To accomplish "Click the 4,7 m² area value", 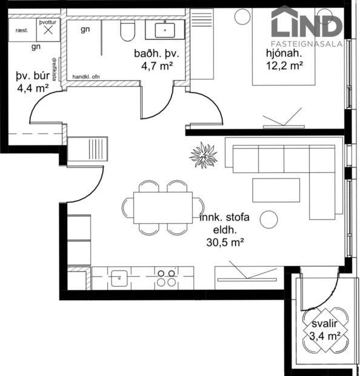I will (x=154, y=67).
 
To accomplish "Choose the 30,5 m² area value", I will (x=225, y=242).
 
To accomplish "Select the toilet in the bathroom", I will (x=128, y=30).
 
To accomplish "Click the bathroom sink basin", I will (x=164, y=28).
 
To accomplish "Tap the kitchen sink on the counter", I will (x=119, y=278).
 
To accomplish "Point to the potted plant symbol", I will (x=203, y=155).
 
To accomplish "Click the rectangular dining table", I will (x=163, y=208).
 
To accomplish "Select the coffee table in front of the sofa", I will (x=276, y=190).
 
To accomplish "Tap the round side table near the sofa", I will (x=268, y=220).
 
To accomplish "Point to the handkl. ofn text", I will (x=89, y=78).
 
